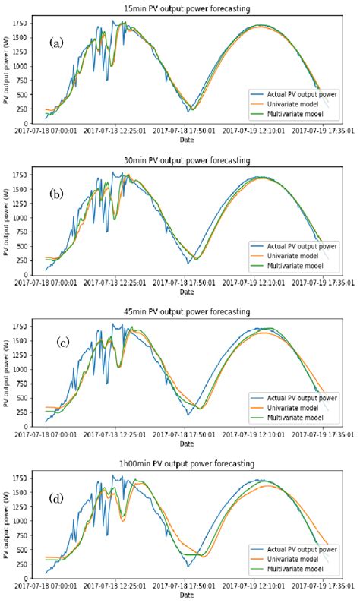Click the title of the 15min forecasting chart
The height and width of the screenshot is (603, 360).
[187, 8]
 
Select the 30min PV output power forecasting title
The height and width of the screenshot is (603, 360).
[187, 160]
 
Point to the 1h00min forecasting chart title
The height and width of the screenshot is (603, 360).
[187, 463]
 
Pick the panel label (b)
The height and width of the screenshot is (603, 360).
[56, 193]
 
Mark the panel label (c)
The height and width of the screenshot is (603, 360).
[64, 343]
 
